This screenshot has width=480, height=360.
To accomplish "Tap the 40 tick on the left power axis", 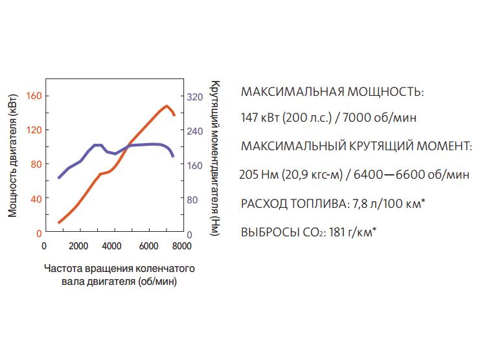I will click(34, 199).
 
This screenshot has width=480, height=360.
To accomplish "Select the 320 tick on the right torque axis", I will click(195, 96).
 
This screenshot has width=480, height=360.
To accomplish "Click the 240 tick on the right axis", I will click(195, 131).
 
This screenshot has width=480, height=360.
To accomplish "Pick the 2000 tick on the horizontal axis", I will click(78, 246).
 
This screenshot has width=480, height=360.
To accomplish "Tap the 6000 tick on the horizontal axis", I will click(148, 246).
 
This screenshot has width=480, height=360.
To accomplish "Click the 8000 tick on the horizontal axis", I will click(181, 246).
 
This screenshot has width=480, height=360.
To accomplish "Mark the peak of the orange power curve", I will click(166, 106).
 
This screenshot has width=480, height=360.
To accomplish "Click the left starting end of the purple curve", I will click(59, 177).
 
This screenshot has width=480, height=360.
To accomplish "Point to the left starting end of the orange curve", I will click(59, 223).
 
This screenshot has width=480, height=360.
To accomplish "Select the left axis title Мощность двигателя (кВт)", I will click(13, 164).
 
